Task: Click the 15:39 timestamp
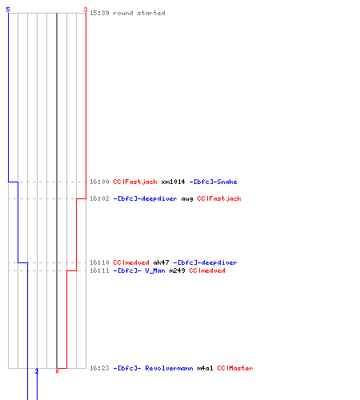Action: [99, 13]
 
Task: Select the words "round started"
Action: [139, 13]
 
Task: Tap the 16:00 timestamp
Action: [99, 182]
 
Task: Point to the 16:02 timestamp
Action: [99, 198]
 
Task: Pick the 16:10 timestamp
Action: [99, 262]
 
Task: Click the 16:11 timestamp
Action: [99, 270]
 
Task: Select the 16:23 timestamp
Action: [99, 368]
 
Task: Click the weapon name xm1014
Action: [173, 182]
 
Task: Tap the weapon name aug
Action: [187, 199]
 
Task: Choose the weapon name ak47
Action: [161, 262]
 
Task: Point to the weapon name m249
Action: [177, 270]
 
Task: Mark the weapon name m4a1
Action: [205, 368]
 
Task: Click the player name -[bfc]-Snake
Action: [213, 182]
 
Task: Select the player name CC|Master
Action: [235, 368]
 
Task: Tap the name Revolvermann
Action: [169, 368]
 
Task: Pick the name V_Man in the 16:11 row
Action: [155, 270]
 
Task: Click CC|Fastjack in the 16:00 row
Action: [135, 182]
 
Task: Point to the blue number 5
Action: [8, 10]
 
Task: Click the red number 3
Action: [86, 10]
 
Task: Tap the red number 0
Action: [57, 371]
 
